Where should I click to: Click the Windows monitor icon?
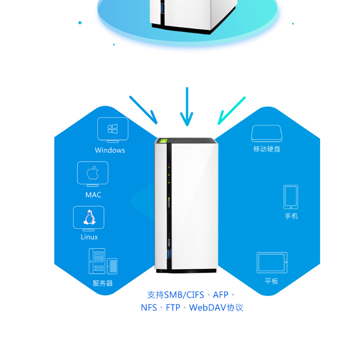tap(112, 129)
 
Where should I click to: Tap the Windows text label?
tap(110, 150)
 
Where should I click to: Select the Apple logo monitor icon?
tap(93, 173)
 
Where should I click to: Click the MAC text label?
tap(93, 195)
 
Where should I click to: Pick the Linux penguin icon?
tap(89, 218)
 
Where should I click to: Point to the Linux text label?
tap(89, 237)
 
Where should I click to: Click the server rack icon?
tap(103, 261)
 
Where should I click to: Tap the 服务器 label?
tap(103, 283)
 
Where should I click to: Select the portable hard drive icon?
tap(266, 134)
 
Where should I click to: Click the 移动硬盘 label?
tap(267, 149)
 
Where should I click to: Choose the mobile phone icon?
tap(291, 197)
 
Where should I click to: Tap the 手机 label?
tap(291, 216)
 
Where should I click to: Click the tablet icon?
tap(272, 262)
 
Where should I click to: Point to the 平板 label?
tap(271, 281)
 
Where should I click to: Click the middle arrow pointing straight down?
tap(187, 107)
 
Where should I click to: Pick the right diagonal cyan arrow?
tap(231, 110)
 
